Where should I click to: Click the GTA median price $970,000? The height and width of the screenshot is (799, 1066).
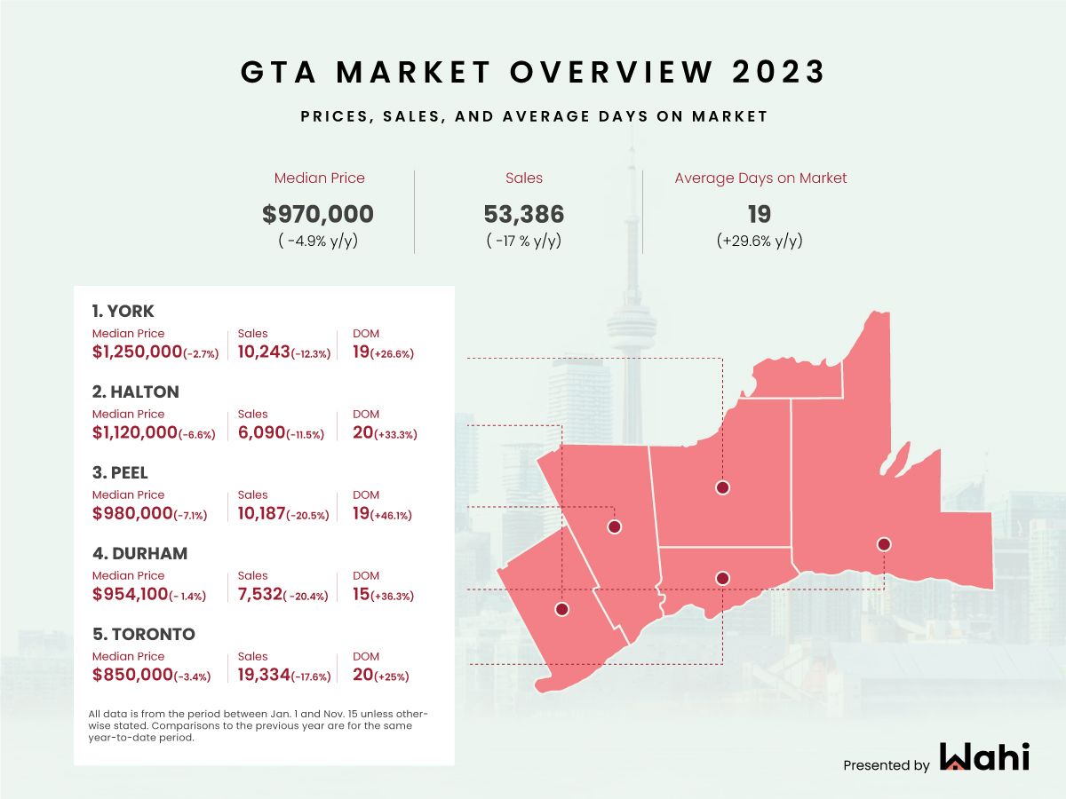319,214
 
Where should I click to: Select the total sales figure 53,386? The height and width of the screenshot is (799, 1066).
524,214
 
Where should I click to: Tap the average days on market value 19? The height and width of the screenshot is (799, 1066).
760,214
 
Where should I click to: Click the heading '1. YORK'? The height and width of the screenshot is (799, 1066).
123,311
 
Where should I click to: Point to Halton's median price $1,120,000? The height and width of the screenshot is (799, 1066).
136,433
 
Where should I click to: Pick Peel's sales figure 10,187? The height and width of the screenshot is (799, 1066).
263,514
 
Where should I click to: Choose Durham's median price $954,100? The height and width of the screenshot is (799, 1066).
131,595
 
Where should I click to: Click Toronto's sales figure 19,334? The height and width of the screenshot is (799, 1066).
263,676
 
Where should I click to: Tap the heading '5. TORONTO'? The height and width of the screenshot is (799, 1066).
143,634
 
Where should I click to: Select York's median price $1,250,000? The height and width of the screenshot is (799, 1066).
137,352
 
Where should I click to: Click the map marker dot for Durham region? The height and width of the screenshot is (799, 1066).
883,544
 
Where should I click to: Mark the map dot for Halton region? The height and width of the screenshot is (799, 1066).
561,609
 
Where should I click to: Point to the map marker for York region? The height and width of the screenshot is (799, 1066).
723,487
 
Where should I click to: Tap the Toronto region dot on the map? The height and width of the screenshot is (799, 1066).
723,579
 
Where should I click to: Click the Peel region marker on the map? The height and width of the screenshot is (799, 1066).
614,526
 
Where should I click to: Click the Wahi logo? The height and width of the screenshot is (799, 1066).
984,757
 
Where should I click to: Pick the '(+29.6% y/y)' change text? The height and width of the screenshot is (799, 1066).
760,241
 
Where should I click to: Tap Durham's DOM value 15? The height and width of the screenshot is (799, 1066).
362,595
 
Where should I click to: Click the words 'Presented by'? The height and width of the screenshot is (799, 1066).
886,765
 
